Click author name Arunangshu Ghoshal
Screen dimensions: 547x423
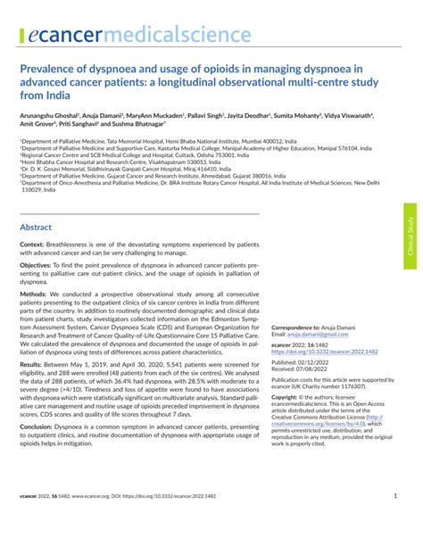[x=54, y=116]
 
